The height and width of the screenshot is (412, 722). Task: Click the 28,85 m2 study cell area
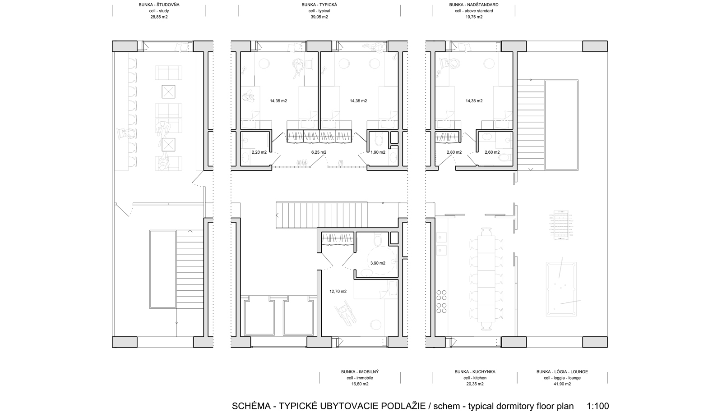click(x=159, y=17)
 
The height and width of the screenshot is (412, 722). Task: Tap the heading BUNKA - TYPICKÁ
click(x=319, y=5)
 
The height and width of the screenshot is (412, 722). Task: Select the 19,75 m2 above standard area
click(x=474, y=17)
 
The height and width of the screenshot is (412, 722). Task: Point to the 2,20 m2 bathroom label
click(x=259, y=152)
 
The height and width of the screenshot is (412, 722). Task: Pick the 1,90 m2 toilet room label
click(x=378, y=152)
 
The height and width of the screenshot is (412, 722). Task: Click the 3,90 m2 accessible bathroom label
click(x=378, y=263)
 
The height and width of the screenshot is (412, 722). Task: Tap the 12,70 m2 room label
click(x=338, y=291)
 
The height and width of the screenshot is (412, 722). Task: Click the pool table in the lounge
click(x=561, y=289)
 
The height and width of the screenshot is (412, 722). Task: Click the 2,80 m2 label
click(x=454, y=152)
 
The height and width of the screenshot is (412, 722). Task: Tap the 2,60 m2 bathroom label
click(x=492, y=152)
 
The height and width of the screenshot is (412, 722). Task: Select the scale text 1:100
click(x=598, y=406)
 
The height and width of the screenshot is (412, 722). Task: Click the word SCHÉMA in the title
click(x=251, y=406)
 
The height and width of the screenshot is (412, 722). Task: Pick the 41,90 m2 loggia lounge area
click(x=562, y=384)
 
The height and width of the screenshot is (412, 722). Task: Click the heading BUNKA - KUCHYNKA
click(x=475, y=372)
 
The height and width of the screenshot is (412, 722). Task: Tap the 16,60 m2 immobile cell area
click(x=360, y=384)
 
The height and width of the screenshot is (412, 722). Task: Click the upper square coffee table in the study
click(x=168, y=92)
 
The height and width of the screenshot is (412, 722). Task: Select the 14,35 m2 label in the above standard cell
click(x=474, y=101)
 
